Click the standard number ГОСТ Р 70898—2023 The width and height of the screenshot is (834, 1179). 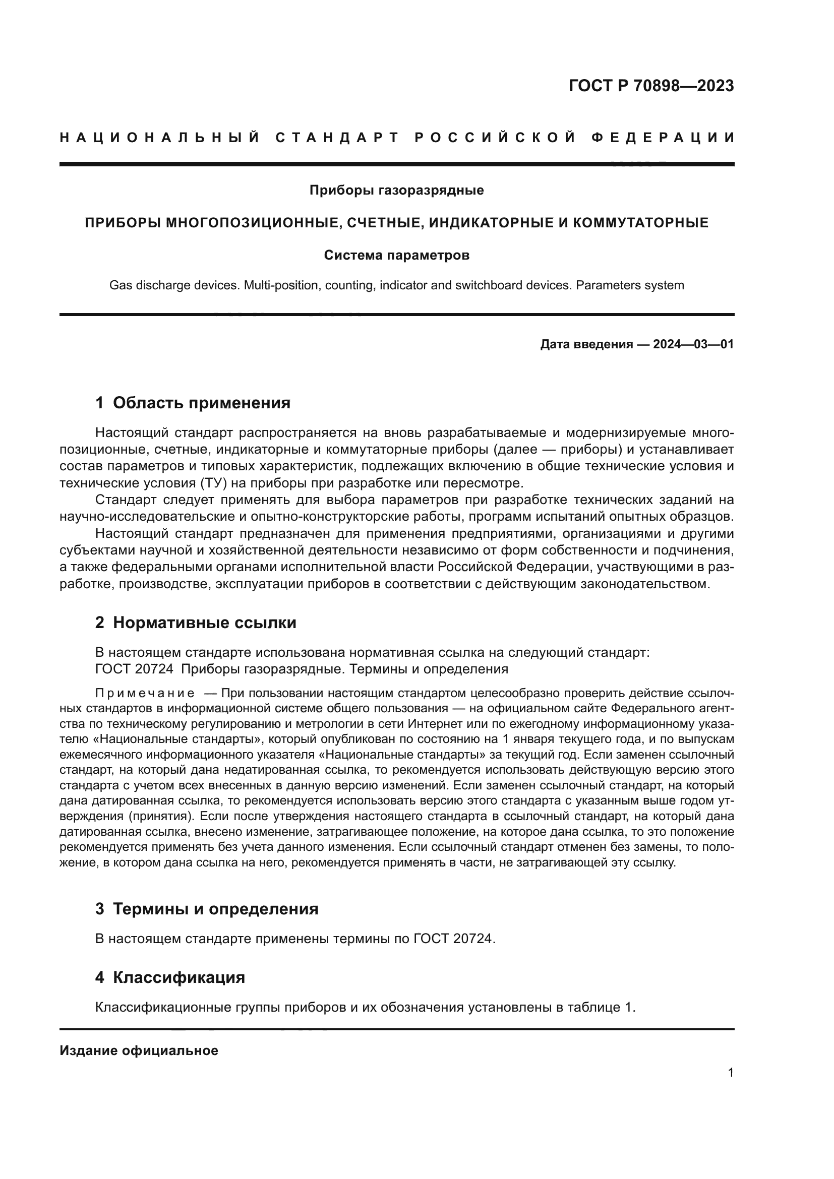point(651,86)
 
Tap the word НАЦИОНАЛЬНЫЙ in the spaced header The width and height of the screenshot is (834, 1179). point(160,138)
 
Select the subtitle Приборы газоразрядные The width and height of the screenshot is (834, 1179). point(396,191)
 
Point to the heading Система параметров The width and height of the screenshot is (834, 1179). point(396,255)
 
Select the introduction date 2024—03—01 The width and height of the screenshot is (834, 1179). point(693,344)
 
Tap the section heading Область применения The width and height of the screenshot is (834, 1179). point(201,403)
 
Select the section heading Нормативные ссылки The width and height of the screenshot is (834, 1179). point(204,623)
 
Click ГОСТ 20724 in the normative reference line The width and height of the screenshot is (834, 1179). point(135,669)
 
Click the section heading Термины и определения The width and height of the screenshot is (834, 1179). point(215,909)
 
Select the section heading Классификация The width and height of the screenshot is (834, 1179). point(178,977)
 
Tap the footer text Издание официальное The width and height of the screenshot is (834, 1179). point(139,1050)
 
